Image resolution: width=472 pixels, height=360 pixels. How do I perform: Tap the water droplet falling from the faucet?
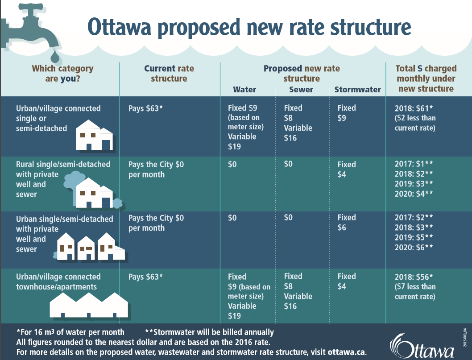(54, 57)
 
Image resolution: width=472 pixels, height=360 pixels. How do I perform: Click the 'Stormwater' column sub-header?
(357, 90)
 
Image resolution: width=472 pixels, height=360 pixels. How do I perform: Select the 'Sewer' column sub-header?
(301, 90)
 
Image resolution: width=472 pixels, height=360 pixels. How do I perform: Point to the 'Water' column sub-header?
(244, 90)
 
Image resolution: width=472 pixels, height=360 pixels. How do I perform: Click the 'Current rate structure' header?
(169, 74)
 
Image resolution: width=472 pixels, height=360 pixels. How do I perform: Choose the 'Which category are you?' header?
(62, 74)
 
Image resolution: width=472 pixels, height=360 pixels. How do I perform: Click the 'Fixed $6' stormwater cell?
(347, 223)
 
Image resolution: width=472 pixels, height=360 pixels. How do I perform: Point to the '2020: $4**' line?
(414, 194)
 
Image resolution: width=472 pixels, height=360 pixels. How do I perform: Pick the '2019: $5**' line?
(414, 237)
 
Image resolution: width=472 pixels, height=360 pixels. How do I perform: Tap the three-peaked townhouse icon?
(89, 306)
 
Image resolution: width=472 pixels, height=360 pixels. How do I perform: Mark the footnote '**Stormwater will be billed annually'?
(209, 332)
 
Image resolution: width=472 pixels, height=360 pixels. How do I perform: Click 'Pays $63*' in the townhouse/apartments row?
(145, 277)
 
